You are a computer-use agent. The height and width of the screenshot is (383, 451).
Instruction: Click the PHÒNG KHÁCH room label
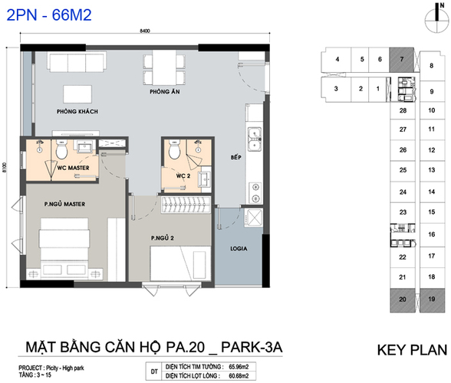pyautogui.click(x=77, y=112)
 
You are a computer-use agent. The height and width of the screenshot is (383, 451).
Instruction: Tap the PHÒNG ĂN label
pyautogui.click(x=164, y=92)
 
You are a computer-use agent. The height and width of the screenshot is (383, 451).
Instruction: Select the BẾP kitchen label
pyautogui.click(x=236, y=157)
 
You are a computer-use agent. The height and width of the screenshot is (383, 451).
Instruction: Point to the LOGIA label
pyautogui.click(x=239, y=248)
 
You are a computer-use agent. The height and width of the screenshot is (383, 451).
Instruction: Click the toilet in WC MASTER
pyautogui.click(x=61, y=149)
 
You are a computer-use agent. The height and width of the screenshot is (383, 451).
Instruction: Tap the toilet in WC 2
pyautogui.click(x=173, y=149)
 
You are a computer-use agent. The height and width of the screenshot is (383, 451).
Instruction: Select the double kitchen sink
pyautogui.click(x=255, y=139)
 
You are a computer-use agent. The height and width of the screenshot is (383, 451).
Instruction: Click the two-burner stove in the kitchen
pyautogui.click(x=255, y=192)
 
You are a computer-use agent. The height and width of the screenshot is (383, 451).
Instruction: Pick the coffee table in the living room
pyautogui.click(x=77, y=94)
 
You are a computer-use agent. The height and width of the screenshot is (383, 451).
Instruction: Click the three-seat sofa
pyautogui.click(x=77, y=62)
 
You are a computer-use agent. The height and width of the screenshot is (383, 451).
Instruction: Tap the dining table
pyautogui.click(x=164, y=67)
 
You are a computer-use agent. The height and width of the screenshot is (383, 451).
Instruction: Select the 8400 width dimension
pyautogui.click(x=145, y=31)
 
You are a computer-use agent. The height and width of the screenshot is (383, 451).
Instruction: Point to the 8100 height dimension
pyautogui.click(x=5, y=168)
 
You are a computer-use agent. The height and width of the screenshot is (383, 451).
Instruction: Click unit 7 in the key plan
pyautogui.click(x=402, y=60)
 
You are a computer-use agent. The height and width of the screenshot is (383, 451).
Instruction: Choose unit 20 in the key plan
pyautogui.click(x=403, y=300)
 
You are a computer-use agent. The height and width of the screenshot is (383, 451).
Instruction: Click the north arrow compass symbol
pyautogui.click(x=436, y=18)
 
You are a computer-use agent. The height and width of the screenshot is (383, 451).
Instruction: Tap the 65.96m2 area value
pyautogui.click(x=239, y=367)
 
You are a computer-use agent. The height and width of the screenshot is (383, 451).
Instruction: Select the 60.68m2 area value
pyautogui.click(x=239, y=376)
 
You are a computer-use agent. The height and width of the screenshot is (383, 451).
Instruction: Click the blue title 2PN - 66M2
pyautogui.click(x=49, y=15)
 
